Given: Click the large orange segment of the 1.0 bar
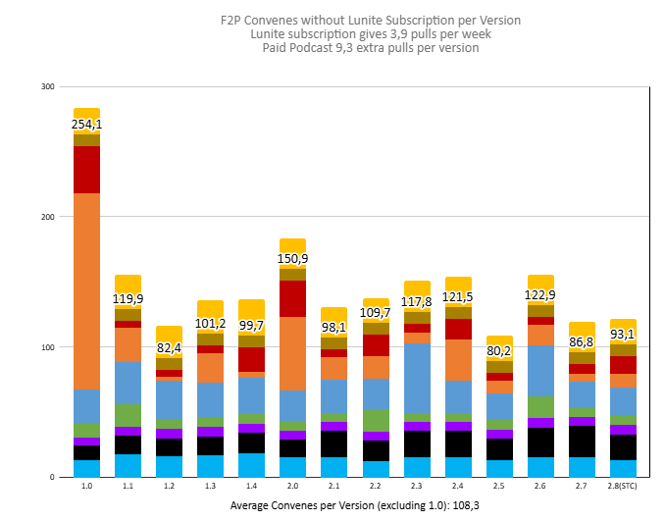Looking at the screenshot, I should (86, 291).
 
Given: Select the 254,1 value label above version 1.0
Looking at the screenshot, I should (86, 125).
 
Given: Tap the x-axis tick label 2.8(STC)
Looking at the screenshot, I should (623, 487).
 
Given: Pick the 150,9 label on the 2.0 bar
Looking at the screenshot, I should (292, 258).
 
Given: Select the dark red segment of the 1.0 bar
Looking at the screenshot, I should (86, 170).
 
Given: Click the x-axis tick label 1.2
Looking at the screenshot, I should (169, 487).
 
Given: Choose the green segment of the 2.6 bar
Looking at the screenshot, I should (540, 406).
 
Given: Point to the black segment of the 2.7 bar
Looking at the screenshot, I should (582, 441).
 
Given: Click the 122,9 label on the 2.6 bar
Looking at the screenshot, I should (540, 294).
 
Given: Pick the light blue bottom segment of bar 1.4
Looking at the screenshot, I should (251, 465).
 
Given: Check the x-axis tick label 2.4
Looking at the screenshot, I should (458, 487).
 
